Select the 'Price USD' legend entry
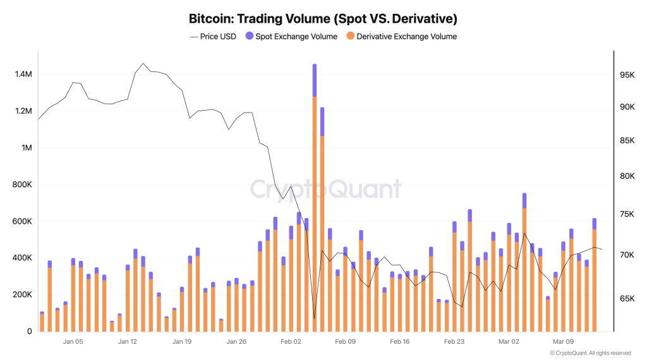point(213,37)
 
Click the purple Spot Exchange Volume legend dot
point(249,37)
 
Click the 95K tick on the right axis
point(627,75)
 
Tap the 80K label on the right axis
point(627,176)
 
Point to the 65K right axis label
point(627,298)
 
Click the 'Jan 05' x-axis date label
point(73,341)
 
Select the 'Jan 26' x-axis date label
point(236,341)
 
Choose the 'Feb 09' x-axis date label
point(345,341)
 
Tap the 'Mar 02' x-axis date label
point(509,341)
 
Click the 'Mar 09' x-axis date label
point(563,341)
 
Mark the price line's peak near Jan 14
point(143,64)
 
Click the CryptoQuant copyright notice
point(590,353)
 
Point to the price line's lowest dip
point(314,318)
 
